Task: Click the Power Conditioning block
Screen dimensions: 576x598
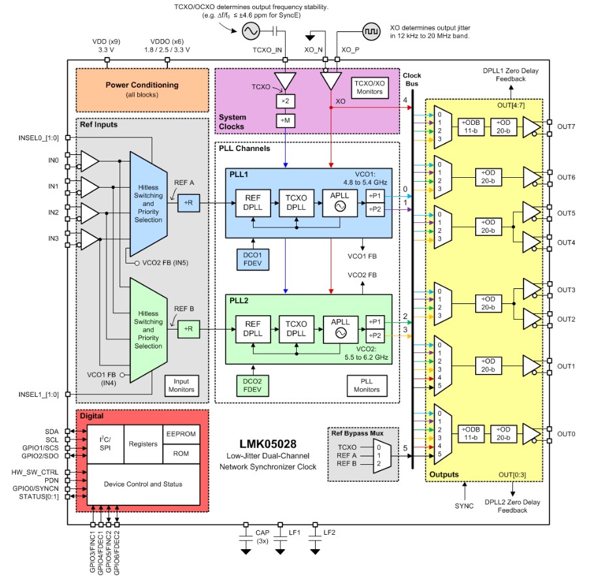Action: [x=142, y=90]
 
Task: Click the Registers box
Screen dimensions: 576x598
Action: [x=142, y=444]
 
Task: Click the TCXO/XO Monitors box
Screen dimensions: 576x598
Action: [x=371, y=87]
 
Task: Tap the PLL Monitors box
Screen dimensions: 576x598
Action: [x=366, y=385]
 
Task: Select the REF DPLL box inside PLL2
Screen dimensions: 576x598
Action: [x=253, y=328]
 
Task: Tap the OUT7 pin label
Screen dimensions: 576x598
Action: [x=566, y=127]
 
